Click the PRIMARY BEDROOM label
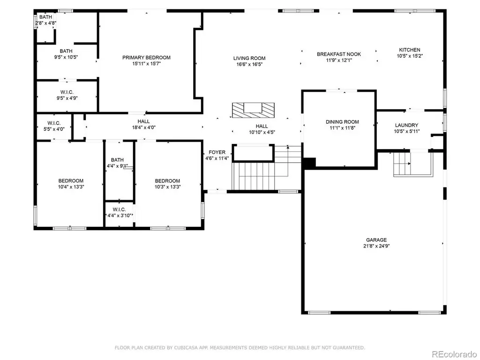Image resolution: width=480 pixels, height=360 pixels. pyautogui.click(x=146, y=58)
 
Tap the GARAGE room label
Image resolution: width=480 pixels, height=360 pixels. pyautogui.click(x=376, y=240)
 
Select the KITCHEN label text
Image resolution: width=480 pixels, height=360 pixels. pyautogui.click(x=410, y=50)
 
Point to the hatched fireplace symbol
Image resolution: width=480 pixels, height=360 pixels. pyautogui.click(x=253, y=110)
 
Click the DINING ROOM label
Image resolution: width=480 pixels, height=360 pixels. pyautogui.click(x=342, y=122)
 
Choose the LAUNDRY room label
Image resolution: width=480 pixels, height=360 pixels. pyautogui.click(x=406, y=125)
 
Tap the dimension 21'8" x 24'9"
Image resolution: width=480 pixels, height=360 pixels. pyautogui.click(x=376, y=246)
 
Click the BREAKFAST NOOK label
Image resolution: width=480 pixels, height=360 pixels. pyautogui.click(x=339, y=54)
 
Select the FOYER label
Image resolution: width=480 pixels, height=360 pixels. pyautogui.click(x=217, y=152)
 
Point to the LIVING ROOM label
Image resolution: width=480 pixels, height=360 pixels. pyautogui.click(x=249, y=58)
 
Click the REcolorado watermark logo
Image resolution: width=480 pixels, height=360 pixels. pyautogui.click(x=454, y=354)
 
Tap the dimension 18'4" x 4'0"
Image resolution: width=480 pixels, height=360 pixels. pyautogui.click(x=143, y=127)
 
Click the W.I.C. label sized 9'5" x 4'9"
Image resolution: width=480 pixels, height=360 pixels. pyautogui.click(x=67, y=92)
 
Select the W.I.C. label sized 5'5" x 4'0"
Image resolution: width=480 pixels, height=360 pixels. pyautogui.click(x=54, y=123)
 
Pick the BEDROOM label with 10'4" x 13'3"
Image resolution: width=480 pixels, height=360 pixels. pyautogui.click(x=71, y=181)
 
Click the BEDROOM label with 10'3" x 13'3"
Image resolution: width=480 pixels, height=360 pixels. pyautogui.click(x=167, y=181)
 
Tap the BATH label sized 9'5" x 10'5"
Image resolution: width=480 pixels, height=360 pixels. pyautogui.click(x=66, y=51)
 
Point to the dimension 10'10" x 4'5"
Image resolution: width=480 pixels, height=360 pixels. pyautogui.click(x=262, y=132)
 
